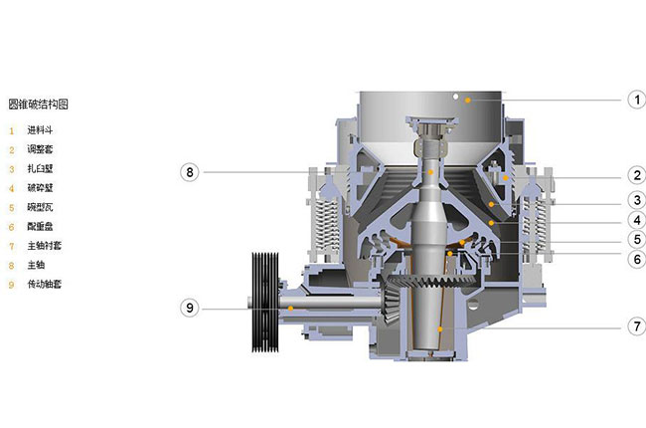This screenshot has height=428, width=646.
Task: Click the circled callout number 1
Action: coord(636,100)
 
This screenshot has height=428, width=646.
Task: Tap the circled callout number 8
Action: coord(190,172)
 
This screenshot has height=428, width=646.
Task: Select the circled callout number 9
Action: coord(190,308)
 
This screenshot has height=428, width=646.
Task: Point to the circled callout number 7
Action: coord(636,326)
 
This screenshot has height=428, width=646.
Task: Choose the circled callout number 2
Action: coord(636,175)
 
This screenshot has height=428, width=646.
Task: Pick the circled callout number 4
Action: coord(636,220)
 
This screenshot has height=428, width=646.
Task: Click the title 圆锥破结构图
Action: coord(39,105)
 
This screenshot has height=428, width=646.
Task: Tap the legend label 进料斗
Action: coord(40,130)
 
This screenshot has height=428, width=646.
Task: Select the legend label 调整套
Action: coord(40,149)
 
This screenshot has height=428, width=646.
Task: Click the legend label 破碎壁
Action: coord(40,188)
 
